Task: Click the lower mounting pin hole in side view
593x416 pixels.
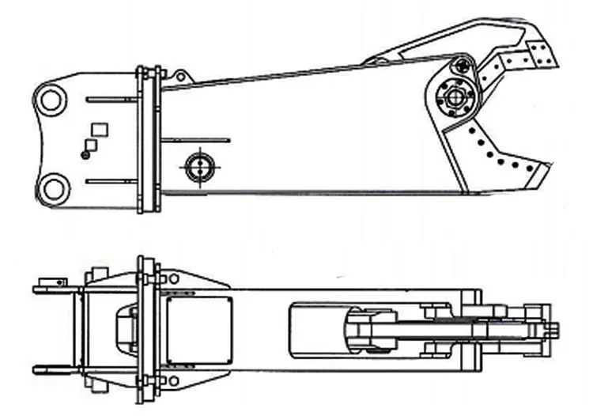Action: coord(52,189)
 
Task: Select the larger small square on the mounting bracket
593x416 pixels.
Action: coord(100,129)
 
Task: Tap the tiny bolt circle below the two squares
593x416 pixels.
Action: coord(85,155)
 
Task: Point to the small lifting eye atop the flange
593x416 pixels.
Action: coord(182,76)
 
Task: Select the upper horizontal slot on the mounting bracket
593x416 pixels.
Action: coord(111,99)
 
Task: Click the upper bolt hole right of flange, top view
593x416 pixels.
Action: coord(173,278)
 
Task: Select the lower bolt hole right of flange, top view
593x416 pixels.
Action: coord(173,381)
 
